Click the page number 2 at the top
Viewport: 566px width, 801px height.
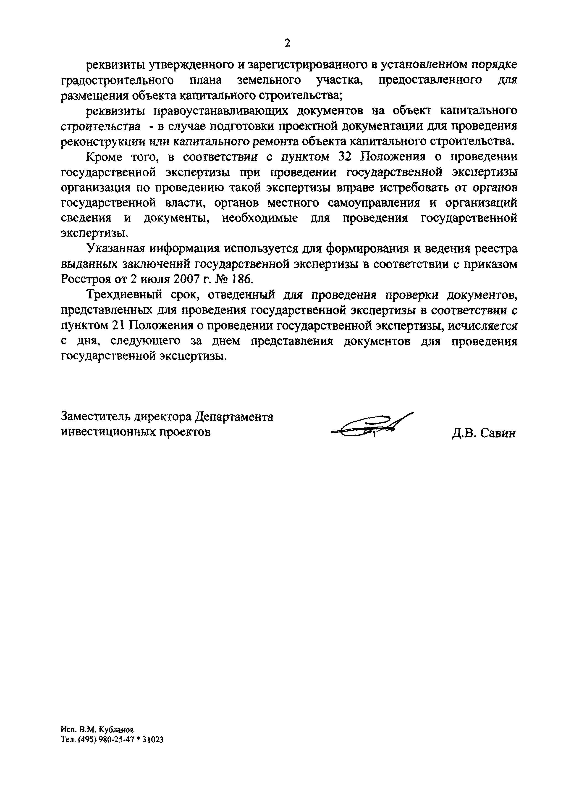click(287, 43)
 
